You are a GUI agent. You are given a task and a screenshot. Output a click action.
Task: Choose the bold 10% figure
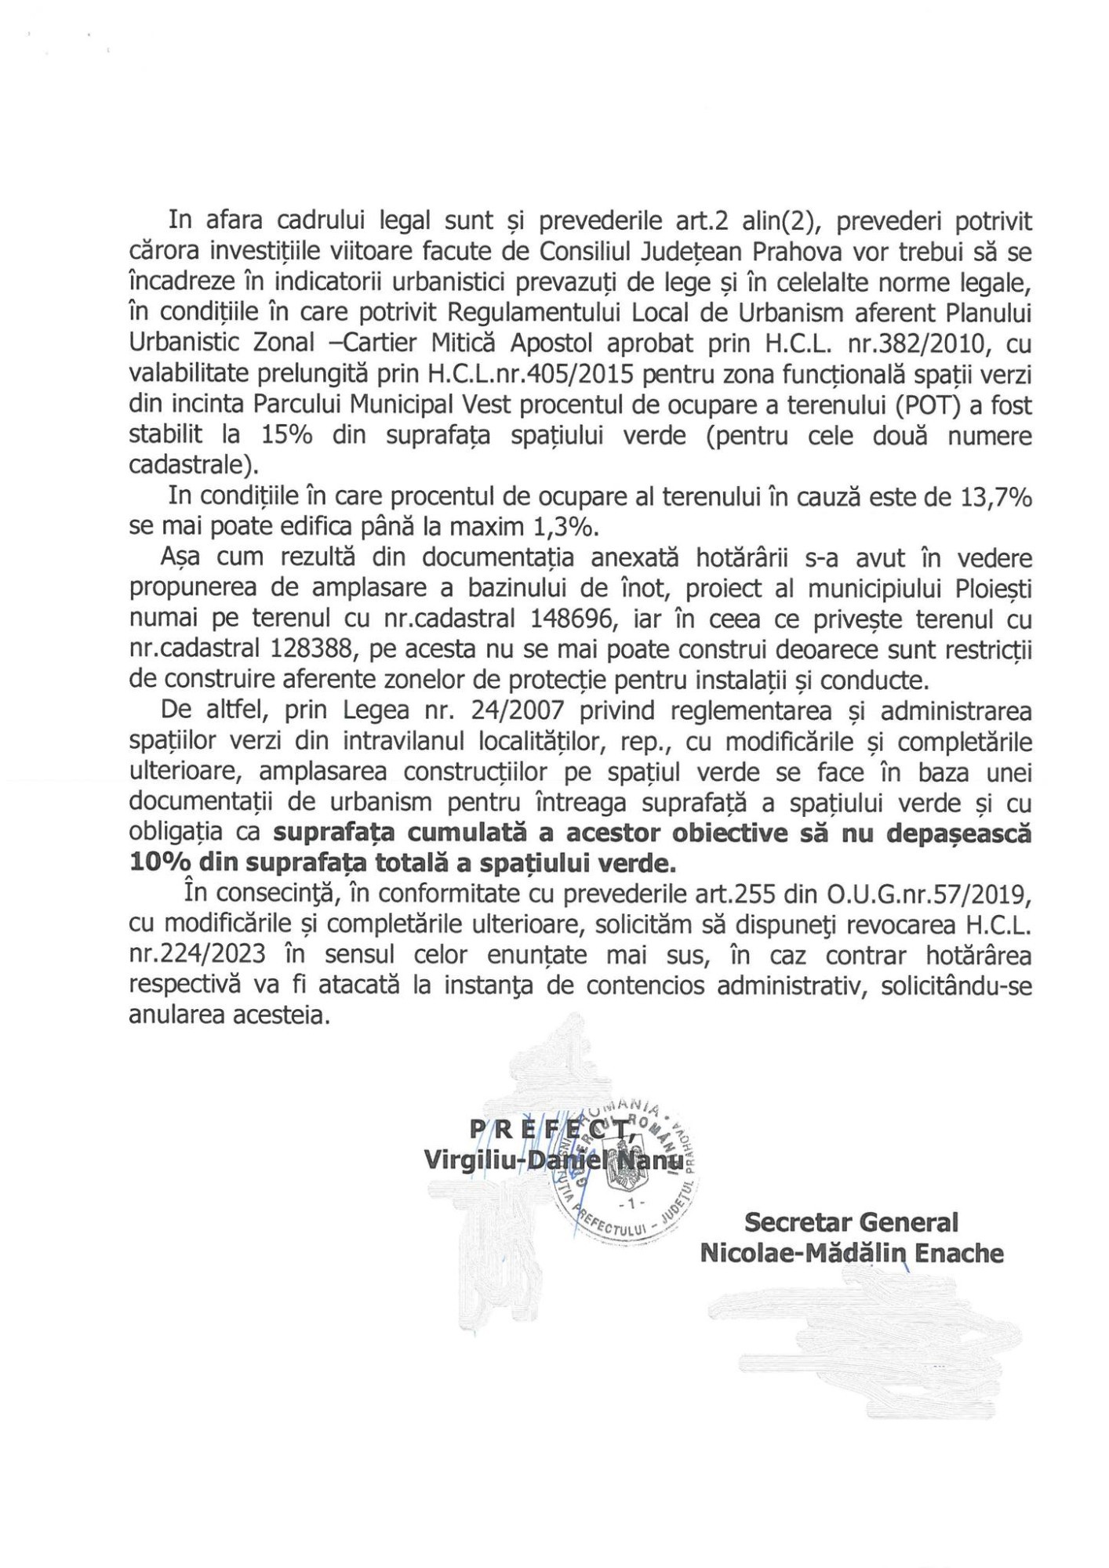(157, 862)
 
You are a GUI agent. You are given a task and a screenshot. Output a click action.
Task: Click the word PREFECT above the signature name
(551, 1129)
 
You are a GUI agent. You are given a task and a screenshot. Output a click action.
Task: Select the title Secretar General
(851, 1221)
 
